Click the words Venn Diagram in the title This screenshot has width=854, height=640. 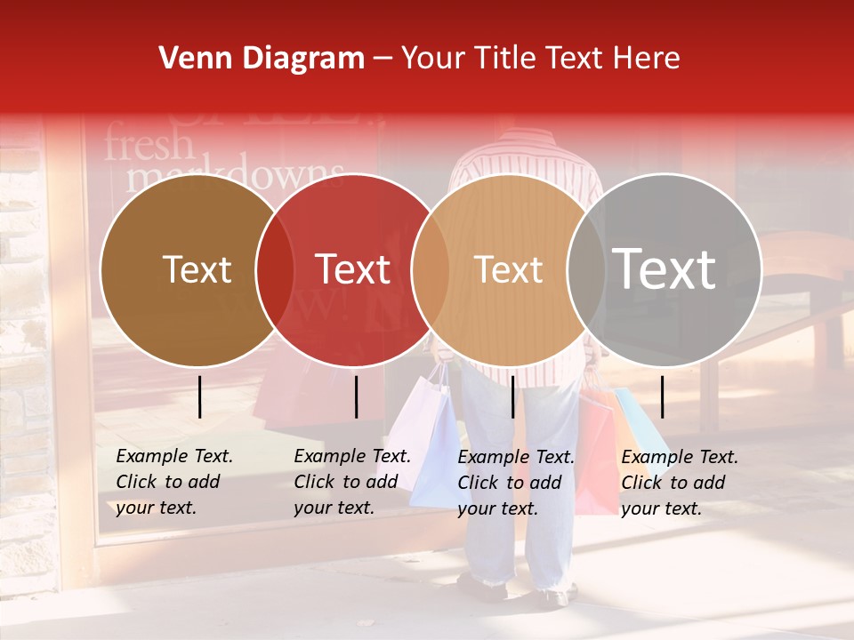[262, 59]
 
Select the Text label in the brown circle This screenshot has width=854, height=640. [197, 269]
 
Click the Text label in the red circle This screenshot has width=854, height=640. [353, 269]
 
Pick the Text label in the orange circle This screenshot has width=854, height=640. [509, 269]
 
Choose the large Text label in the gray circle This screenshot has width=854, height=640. [665, 269]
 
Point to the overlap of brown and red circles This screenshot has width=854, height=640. [275, 270]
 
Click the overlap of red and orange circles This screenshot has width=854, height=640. [431, 270]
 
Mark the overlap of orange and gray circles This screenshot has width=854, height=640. [586, 270]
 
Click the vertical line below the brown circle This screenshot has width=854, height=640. [200, 396]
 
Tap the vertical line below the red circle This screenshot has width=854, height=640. [356, 396]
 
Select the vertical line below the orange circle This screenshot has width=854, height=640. [513, 396]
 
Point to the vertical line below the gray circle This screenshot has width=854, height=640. [662, 396]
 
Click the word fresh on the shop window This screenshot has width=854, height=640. [149, 145]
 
